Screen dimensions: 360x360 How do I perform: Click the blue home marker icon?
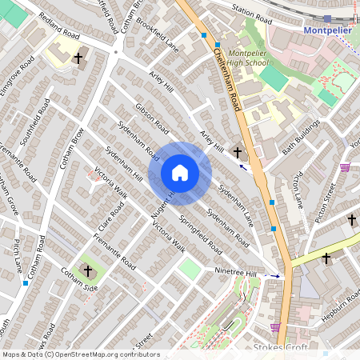[x=179, y=173]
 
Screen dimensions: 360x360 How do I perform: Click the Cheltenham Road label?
[x=228, y=79]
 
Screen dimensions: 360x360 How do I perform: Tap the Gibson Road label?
[x=152, y=117]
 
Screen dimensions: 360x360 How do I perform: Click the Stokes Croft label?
[x=275, y=348]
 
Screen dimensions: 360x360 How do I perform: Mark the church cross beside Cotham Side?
[x=88, y=271]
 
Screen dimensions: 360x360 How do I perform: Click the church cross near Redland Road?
[x=78, y=58]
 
